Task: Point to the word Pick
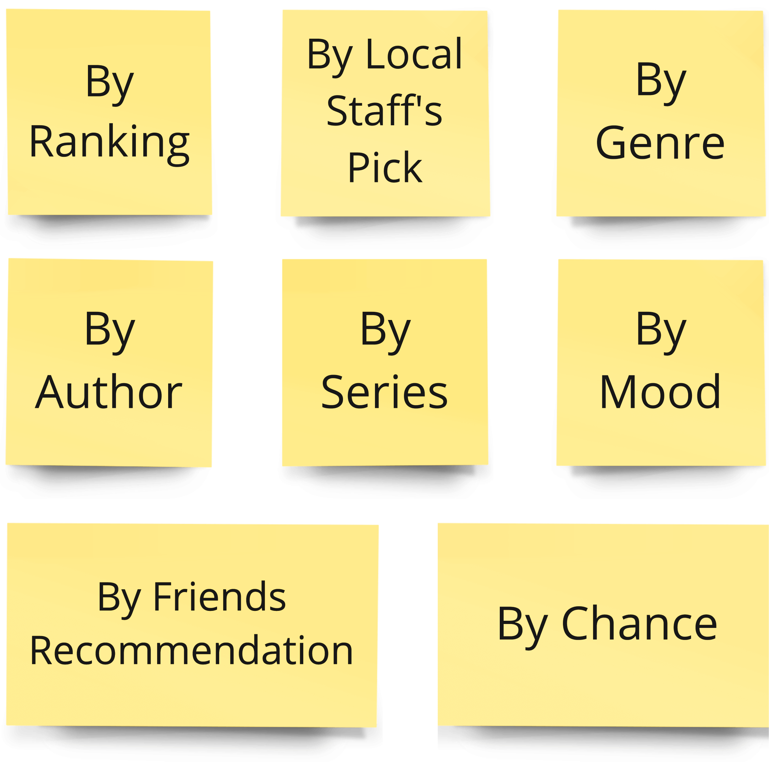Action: (384, 167)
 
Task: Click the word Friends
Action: (219, 597)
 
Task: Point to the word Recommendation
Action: (192, 651)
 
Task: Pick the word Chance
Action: (639, 624)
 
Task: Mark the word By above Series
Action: (384, 332)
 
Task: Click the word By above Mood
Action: (661, 332)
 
